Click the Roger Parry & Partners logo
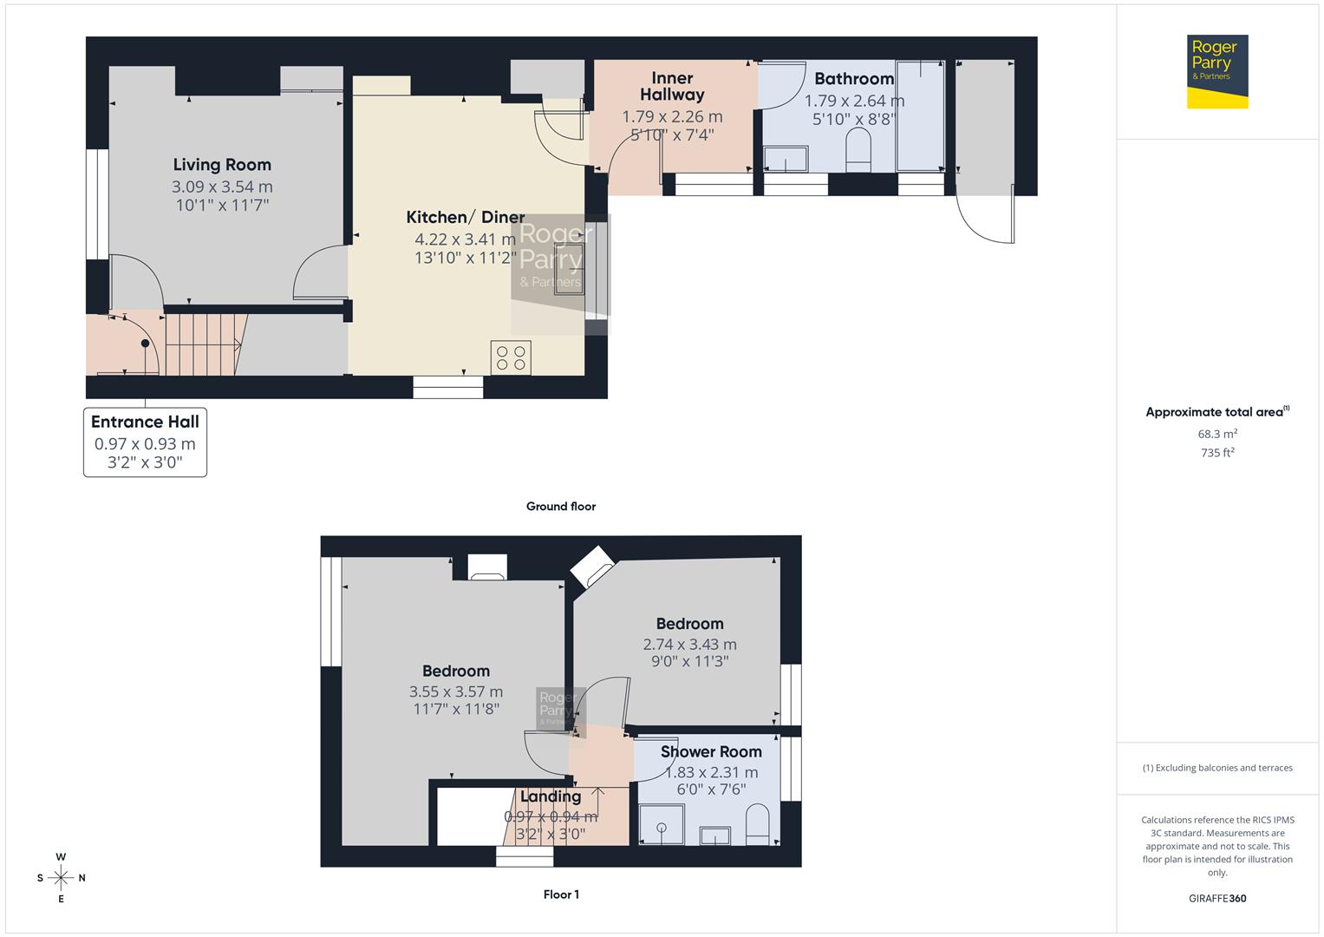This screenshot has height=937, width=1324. (x=1216, y=71)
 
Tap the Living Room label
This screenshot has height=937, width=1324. (x=222, y=165)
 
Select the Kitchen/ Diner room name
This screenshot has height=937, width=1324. (x=466, y=218)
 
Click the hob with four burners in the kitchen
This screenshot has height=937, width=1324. (x=511, y=357)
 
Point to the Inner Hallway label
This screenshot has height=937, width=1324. (x=672, y=87)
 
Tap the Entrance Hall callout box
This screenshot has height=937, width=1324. (x=145, y=442)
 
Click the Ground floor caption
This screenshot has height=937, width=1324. (x=561, y=507)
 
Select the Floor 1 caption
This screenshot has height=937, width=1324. (x=561, y=894)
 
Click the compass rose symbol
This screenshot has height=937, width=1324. (x=61, y=878)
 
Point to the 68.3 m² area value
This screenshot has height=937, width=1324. (x=1217, y=434)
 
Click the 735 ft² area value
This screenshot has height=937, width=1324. (x=1217, y=453)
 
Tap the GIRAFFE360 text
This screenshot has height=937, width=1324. (x=1217, y=899)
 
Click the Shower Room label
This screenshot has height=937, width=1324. (x=711, y=752)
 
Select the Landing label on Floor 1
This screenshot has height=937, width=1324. (x=551, y=796)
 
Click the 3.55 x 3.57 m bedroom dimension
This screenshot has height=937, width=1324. (x=456, y=691)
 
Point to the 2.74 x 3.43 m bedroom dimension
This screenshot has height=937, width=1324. (x=689, y=645)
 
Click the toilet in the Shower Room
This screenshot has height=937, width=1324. (x=757, y=824)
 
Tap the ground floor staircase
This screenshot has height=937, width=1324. (x=202, y=344)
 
